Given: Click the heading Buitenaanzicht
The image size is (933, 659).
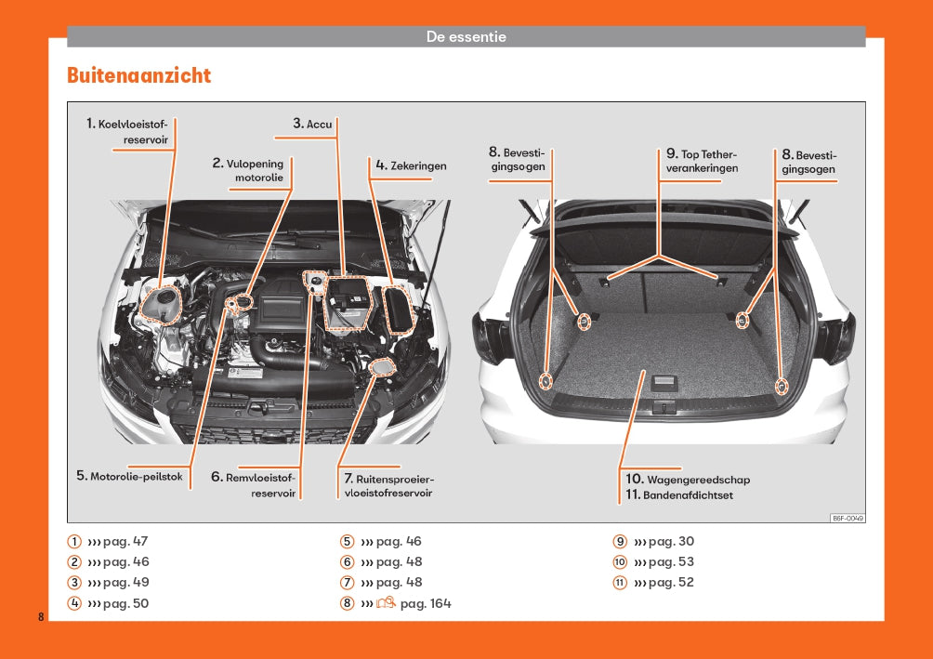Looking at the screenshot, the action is tap(138, 75).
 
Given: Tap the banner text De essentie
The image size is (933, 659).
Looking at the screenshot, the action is tap(466, 36).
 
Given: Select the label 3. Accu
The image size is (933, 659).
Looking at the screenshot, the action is tap(312, 124).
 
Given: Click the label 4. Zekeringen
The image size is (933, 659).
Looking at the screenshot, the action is tap(411, 165).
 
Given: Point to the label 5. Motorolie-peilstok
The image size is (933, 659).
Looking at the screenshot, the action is tap(129, 476).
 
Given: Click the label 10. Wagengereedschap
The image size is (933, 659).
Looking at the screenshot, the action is tap(688, 480).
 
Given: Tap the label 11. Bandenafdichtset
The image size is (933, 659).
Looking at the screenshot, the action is tap(679, 494).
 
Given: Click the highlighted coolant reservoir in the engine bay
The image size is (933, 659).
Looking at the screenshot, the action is tap(161, 306).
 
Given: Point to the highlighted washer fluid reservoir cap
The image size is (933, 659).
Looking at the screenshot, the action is tap(381, 367).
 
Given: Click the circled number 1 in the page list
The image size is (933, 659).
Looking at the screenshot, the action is tap(73, 542).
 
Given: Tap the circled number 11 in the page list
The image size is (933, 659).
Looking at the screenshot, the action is tap(620, 582).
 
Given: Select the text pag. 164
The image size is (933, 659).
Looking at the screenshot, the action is tap(426, 603).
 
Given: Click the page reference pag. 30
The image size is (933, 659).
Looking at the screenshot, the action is tap(671, 542).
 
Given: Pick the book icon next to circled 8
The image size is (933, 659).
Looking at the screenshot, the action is tap(386, 602).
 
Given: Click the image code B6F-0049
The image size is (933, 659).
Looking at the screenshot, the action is tap(848, 519).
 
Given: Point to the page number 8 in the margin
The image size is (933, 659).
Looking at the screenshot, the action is tap(41, 617).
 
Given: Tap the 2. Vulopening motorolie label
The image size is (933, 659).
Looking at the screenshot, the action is tap(248, 170).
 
